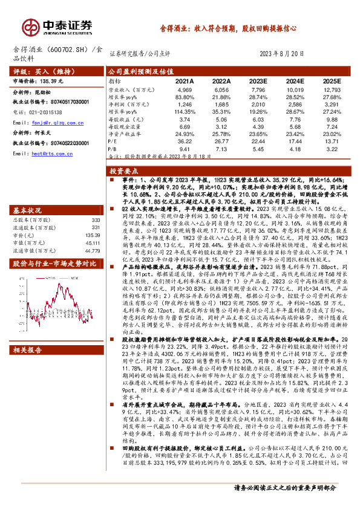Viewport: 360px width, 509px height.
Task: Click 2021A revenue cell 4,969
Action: tap(185, 89)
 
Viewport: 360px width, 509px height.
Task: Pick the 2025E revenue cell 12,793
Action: tap(332, 89)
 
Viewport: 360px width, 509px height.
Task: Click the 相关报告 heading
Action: tap(30, 350)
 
